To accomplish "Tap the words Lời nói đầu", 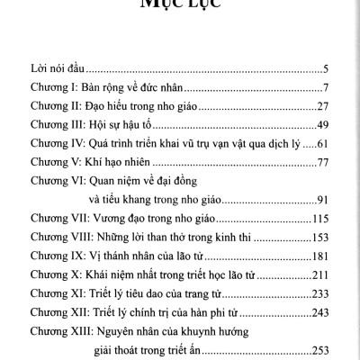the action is (x=54, y=67).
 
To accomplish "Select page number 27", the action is (x=328, y=105).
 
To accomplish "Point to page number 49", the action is (x=328, y=124).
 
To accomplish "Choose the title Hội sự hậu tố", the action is (x=131, y=124).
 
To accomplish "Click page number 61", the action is (x=328, y=143).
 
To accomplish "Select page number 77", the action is (x=328, y=162).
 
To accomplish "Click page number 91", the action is (x=328, y=200).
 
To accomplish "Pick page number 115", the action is (x=325, y=219).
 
